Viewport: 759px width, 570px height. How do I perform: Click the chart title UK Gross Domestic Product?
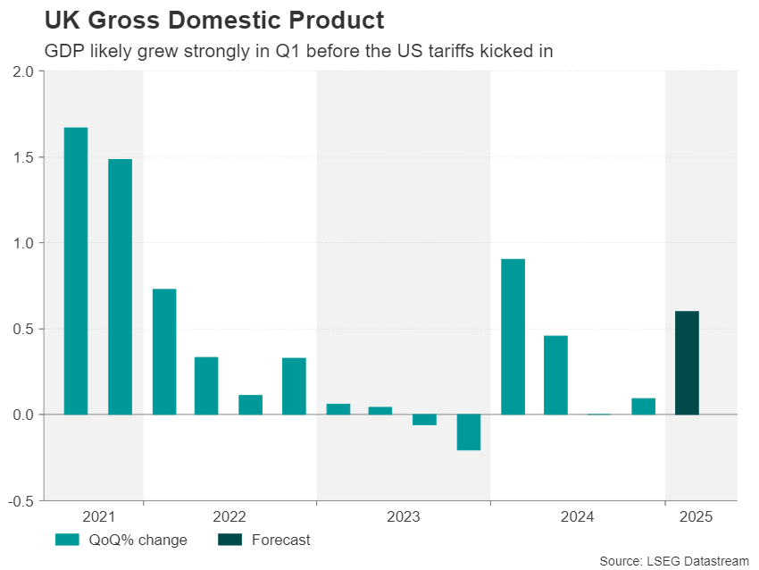pyautogui.click(x=214, y=21)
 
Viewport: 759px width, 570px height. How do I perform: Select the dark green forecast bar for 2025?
pyautogui.click(x=687, y=363)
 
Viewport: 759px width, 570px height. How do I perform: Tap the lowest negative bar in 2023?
pyautogui.click(x=469, y=432)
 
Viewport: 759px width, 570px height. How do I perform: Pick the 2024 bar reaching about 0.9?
pyautogui.click(x=513, y=337)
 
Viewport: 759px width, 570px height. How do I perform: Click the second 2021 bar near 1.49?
pyautogui.click(x=120, y=287)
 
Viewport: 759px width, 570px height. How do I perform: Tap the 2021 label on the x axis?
pyautogui.click(x=98, y=517)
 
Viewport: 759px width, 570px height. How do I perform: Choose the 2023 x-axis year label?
pyautogui.click(x=404, y=517)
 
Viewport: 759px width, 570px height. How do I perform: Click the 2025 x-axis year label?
pyautogui.click(x=696, y=517)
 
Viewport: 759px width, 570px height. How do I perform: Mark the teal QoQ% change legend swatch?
pyautogui.click(x=67, y=540)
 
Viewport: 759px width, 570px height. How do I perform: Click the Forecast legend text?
pyautogui.click(x=280, y=540)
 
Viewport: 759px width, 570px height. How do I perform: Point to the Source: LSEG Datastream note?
pyautogui.click(x=674, y=560)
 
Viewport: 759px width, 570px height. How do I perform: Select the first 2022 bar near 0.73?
pyautogui.click(x=163, y=352)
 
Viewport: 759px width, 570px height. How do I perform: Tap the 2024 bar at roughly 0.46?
pyautogui.click(x=555, y=375)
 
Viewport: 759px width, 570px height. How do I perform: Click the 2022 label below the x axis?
pyautogui.click(x=229, y=517)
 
